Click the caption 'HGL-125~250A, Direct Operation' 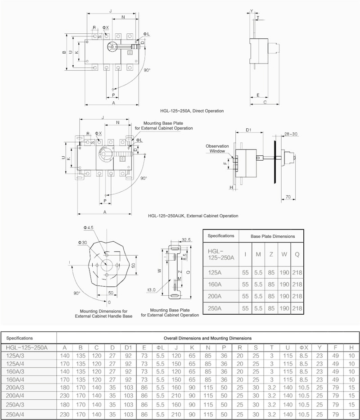[192, 111]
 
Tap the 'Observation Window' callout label [217, 149]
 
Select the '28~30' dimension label [291, 134]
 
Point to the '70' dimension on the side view [288, 197]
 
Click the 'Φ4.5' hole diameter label [88, 228]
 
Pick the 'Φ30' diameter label [82, 242]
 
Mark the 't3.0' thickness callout [151, 290]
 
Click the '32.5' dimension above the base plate [186, 240]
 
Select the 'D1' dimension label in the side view [248, 130]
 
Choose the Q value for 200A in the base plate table [297, 296]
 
